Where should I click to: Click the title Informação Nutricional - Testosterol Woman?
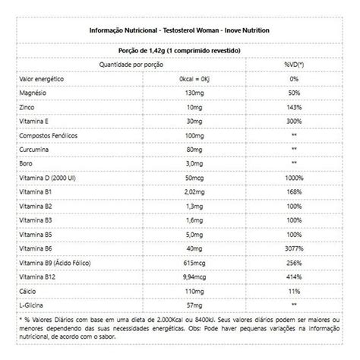(180, 30)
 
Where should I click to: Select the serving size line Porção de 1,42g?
(180, 50)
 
